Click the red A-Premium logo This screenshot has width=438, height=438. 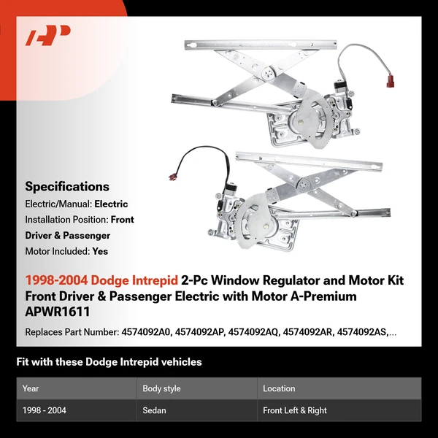pyautogui.click(x=48, y=36)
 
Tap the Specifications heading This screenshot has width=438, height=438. pyautogui.click(x=67, y=186)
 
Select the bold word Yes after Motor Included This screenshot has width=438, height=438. pyautogui.click(x=100, y=251)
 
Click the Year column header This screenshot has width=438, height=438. pyautogui.click(x=31, y=388)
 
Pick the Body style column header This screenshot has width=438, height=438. pyautogui.click(x=161, y=388)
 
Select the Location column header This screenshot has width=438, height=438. pyautogui.click(x=279, y=388)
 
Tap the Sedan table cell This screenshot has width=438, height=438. pyautogui.click(x=154, y=410)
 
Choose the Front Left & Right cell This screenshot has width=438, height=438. pyautogui.click(x=295, y=410)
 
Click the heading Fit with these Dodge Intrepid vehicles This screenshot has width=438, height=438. pyautogui.click(x=109, y=362)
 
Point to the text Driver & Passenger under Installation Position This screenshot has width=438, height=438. pyautogui.click(x=67, y=235)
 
